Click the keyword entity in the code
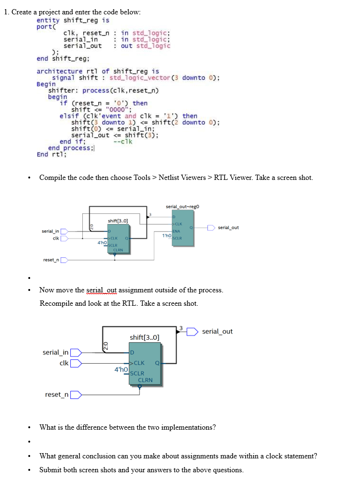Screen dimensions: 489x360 tap(48, 20)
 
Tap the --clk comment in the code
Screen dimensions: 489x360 tap(123, 141)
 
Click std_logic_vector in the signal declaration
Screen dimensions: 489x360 tap(139, 78)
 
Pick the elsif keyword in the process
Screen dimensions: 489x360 tap(69, 116)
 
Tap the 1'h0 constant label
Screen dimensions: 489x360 tap(166, 235)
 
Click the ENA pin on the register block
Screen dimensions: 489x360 tap(176, 231)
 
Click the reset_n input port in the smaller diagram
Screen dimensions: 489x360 tap(63, 260)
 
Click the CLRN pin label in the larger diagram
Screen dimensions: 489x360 tap(145, 380)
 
